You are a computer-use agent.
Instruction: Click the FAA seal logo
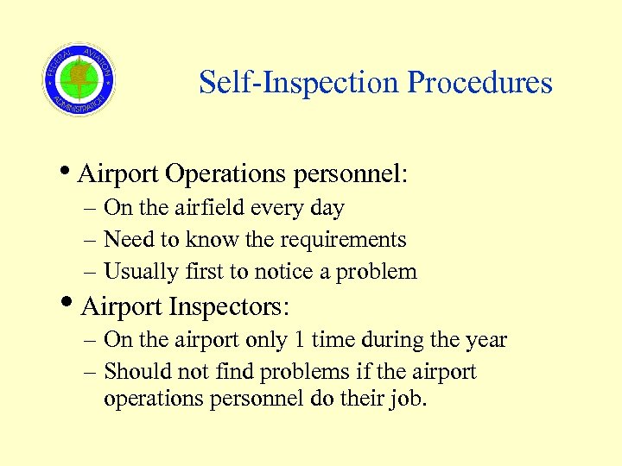(x=79, y=79)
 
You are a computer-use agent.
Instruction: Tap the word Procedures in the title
(x=479, y=83)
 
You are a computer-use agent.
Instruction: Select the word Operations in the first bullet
(x=226, y=174)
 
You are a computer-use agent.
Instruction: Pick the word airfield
(x=212, y=208)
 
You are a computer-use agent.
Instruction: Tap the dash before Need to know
(x=90, y=240)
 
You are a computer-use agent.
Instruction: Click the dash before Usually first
(x=90, y=272)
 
